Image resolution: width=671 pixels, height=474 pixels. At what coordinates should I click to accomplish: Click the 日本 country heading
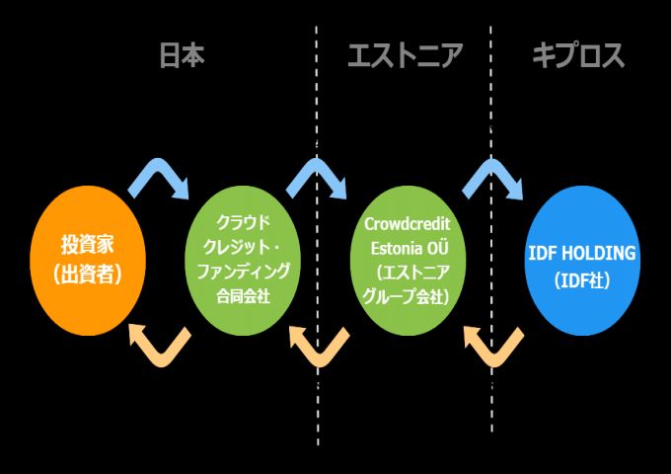(183, 55)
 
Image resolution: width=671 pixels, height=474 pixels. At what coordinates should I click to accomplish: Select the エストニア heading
(405, 55)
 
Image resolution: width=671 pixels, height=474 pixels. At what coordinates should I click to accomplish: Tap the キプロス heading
(578, 55)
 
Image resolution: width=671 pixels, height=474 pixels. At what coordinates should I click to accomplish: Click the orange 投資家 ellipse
(88, 259)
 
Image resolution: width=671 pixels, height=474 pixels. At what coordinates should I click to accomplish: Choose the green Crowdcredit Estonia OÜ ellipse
(407, 260)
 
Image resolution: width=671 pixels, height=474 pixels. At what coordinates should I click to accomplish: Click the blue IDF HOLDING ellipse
(580, 260)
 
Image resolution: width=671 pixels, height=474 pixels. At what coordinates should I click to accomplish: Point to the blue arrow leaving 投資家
(160, 177)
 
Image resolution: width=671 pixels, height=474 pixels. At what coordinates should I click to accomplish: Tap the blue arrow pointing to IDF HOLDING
(493, 177)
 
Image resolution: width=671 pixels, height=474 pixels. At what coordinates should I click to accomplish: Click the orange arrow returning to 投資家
(160, 344)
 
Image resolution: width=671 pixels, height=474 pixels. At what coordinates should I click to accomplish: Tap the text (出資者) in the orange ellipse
(88, 275)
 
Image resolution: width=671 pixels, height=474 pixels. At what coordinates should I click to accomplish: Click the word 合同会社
(243, 293)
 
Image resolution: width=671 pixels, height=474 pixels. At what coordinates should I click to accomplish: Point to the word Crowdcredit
(407, 226)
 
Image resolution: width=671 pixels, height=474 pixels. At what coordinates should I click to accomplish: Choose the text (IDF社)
(581, 280)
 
